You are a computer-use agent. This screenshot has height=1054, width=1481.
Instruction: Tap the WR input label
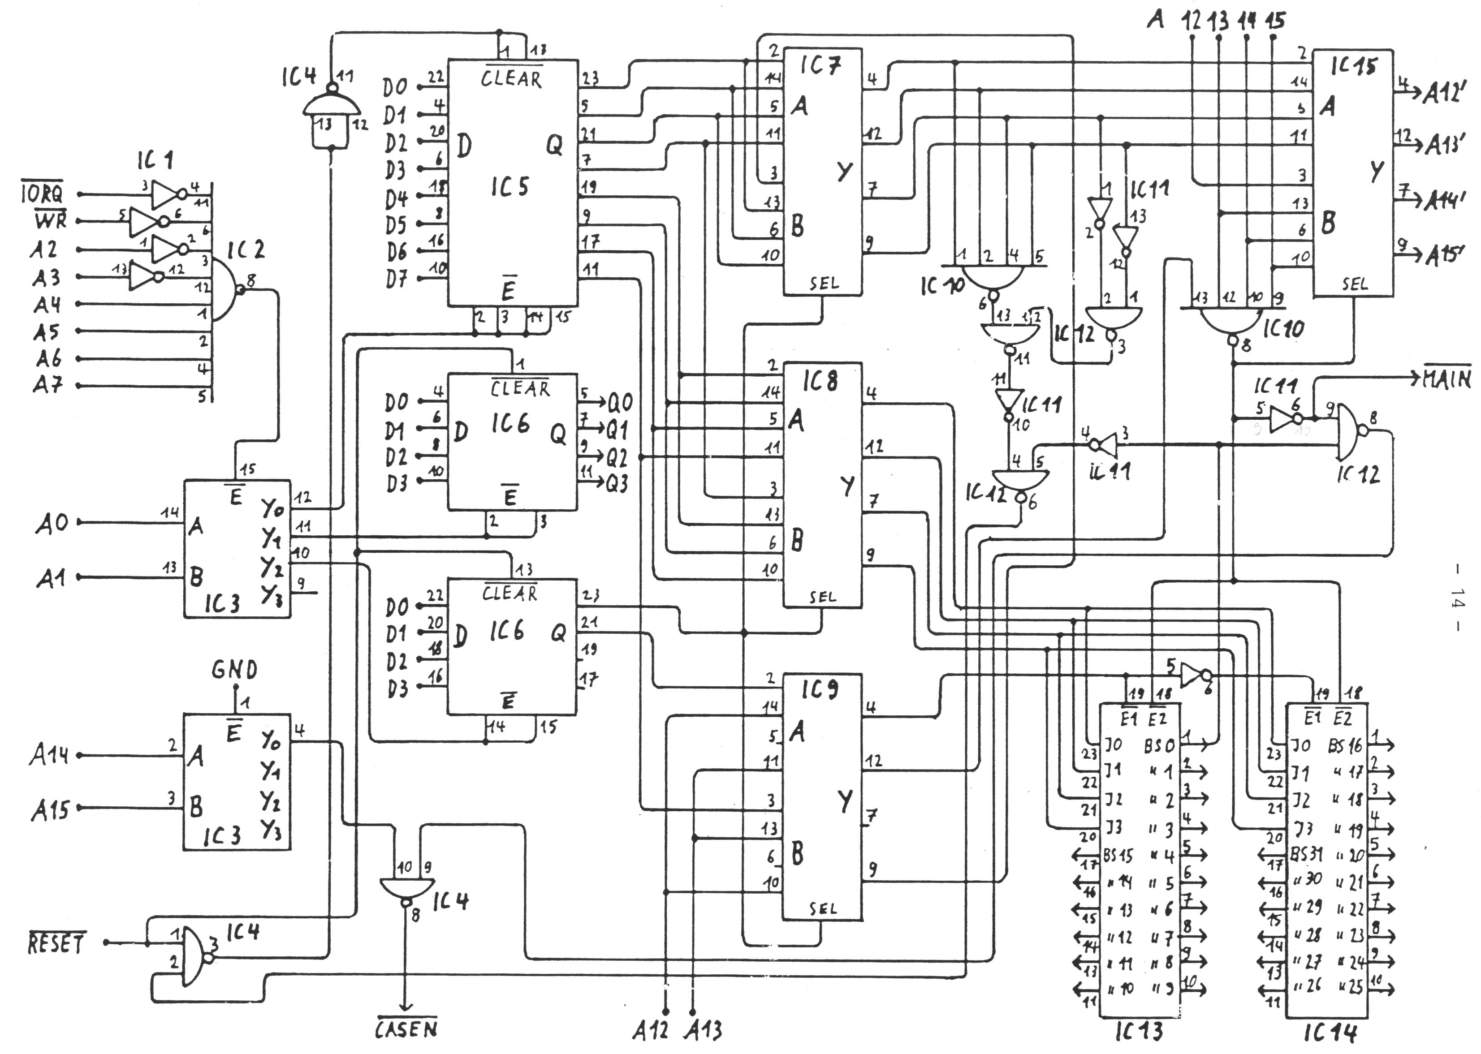pos(51,221)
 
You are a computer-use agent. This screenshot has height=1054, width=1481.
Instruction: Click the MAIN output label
pos(1446,379)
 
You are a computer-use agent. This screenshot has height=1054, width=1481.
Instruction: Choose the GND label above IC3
pos(234,669)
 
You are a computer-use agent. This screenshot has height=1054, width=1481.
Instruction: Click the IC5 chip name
pos(509,187)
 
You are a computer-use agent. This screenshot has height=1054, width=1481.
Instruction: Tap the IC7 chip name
pos(820,66)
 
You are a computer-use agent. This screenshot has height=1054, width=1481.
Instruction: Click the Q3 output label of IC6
pos(617,484)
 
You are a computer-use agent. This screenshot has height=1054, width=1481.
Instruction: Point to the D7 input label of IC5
pos(396,280)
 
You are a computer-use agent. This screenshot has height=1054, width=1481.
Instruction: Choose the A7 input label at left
pos(48,386)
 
